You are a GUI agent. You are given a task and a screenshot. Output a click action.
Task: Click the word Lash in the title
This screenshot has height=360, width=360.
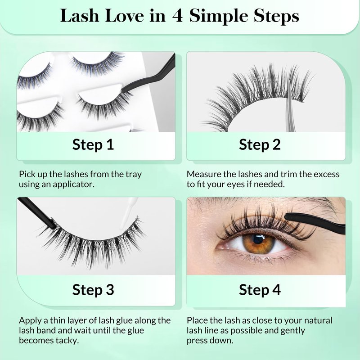80,16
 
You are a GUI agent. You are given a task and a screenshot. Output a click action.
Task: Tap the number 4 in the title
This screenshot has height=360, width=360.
177,16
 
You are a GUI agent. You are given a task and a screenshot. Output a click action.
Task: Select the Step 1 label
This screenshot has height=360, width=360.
93,145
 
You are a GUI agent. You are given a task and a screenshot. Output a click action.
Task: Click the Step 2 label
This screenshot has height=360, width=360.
260,145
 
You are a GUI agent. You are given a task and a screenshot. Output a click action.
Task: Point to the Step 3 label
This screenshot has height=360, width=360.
93,290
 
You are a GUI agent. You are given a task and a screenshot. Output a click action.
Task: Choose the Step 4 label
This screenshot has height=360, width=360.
260,290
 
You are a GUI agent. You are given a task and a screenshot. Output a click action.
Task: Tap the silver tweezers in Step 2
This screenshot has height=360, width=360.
290,108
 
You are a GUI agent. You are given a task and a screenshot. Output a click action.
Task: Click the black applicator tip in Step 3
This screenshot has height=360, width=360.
37,212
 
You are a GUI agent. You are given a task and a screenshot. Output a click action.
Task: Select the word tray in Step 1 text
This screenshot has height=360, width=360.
134,175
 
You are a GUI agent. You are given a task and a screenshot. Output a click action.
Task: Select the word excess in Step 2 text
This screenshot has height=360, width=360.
327,175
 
